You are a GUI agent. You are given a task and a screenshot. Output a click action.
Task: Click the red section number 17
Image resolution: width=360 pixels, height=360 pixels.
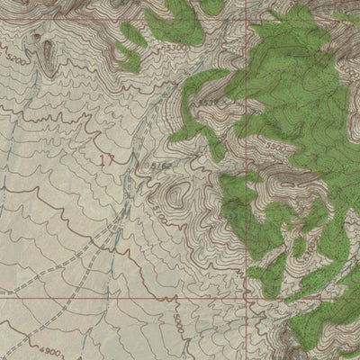(x=107, y=160)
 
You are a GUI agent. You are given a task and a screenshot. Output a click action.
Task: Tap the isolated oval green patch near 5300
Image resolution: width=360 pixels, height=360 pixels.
(x=132, y=36)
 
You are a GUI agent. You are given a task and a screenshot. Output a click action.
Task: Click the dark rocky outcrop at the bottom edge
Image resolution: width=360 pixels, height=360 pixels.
(x=292, y=346)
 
